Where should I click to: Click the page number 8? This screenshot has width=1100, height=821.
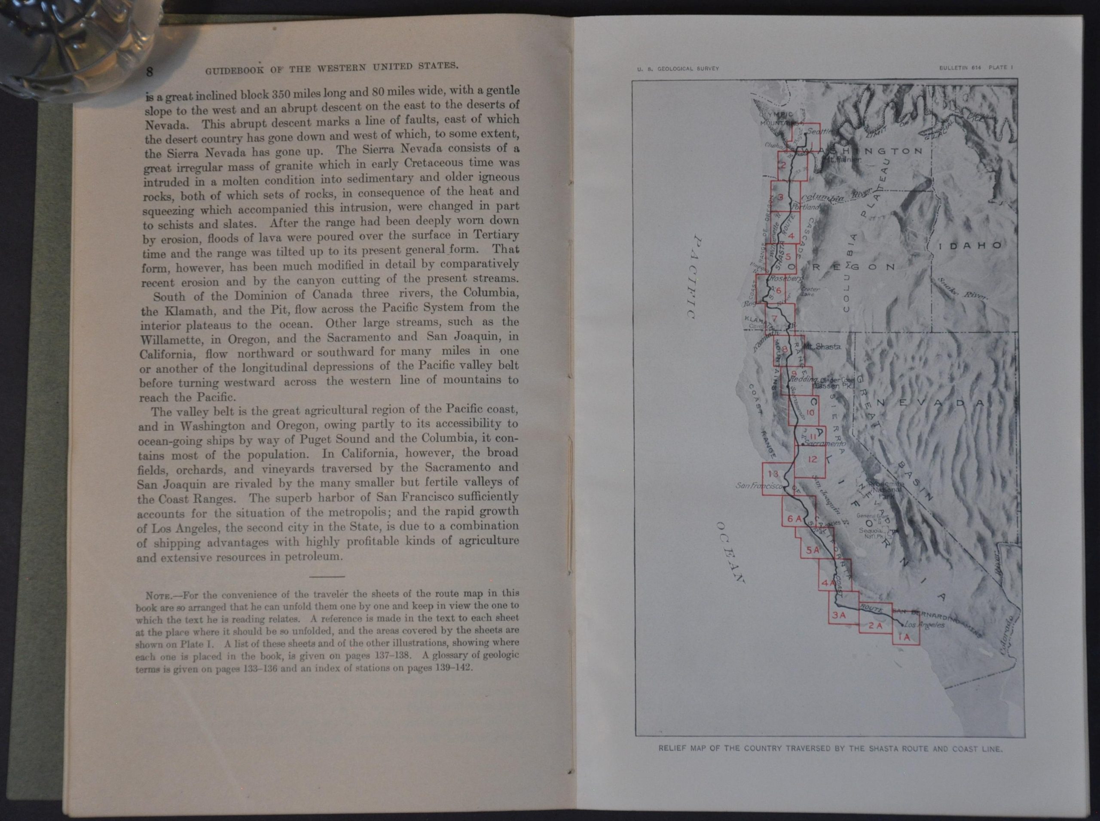[149, 71]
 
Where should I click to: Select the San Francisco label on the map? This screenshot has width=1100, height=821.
[759, 486]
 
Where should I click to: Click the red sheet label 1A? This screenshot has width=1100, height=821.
[904, 637]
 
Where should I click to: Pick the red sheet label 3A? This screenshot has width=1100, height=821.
[839, 615]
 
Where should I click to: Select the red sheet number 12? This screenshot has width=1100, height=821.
[812, 459]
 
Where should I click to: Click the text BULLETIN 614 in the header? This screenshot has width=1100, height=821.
[960, 68]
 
